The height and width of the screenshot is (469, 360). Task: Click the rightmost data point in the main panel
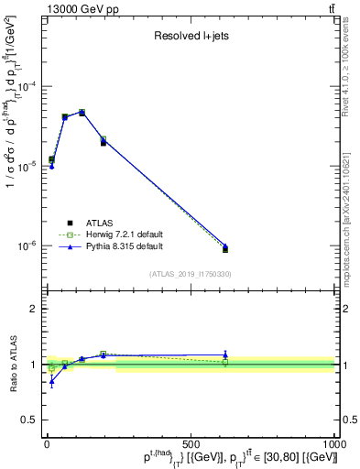click(225, 248)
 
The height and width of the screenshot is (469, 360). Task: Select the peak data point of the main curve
click(82, 113)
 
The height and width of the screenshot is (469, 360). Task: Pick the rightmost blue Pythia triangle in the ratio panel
click(225, 354)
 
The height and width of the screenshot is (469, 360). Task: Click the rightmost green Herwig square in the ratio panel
click(225, 363)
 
